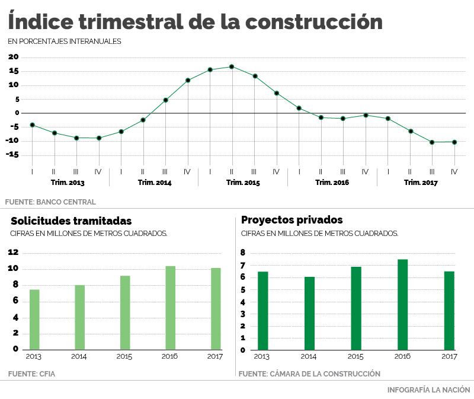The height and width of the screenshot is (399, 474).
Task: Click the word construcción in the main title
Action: point(313,22)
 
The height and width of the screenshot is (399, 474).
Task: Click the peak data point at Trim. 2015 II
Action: point(232,66)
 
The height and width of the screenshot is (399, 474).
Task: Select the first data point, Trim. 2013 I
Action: point(32,125)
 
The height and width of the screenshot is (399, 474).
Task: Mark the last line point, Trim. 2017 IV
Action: point(454,142)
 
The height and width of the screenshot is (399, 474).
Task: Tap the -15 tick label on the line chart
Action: point(12,155)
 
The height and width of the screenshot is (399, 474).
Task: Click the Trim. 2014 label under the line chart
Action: point(154,183)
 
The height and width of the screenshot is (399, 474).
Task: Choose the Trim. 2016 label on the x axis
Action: point(332,183)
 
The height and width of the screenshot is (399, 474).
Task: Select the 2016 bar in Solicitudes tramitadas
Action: point(170,308)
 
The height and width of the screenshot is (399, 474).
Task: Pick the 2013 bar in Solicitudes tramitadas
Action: point(34,320)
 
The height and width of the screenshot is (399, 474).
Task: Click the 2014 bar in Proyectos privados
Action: point(309,313)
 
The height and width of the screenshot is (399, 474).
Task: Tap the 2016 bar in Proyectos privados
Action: point(403,304)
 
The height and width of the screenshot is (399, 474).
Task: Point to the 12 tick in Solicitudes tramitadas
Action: point(12,253)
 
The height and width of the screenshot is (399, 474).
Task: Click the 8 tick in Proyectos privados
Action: point(243,253)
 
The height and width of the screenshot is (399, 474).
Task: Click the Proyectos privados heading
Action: point(292,221)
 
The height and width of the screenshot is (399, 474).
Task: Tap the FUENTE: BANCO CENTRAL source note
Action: point(50,202)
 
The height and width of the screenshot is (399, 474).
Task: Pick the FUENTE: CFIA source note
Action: point(31,374)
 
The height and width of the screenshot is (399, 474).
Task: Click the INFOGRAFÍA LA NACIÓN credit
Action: point(428,390)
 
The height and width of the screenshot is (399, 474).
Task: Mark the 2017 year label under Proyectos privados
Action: point(450,357)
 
